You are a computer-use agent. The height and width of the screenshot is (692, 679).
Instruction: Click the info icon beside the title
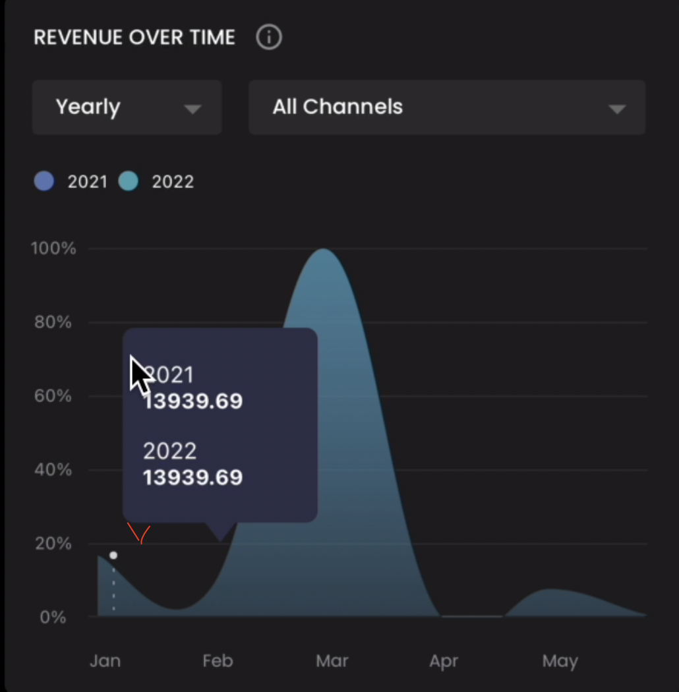click(x=268, y=38)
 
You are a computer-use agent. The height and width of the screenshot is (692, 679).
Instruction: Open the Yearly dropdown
click(x=127, y=107)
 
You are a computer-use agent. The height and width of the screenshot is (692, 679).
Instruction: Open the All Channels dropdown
click(x=446, y=107)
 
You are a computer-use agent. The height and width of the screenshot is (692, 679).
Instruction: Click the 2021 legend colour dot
click(x=44, y=181)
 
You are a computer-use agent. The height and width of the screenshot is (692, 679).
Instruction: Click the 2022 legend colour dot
click(x=129, y=181)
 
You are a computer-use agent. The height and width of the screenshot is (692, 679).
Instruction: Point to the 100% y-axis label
click(x=53, y=249)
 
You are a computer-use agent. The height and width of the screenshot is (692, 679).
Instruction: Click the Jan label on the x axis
click(x=105, y=661)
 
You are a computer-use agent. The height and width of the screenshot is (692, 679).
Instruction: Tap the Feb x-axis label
click(x=218, y=661)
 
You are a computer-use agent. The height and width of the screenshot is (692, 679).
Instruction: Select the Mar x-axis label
click(x=332, y=661)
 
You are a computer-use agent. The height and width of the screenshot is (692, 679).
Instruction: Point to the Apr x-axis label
click(x=444, y=661)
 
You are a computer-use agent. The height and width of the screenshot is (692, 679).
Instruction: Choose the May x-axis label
click(x=560, y=661)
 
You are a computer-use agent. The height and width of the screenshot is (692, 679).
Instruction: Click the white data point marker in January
click(x=113, y=556)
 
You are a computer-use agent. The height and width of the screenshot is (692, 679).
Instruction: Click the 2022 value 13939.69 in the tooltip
click(x=192, y=477)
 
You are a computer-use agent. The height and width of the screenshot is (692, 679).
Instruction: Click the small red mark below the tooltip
click(x=140, y=534)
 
